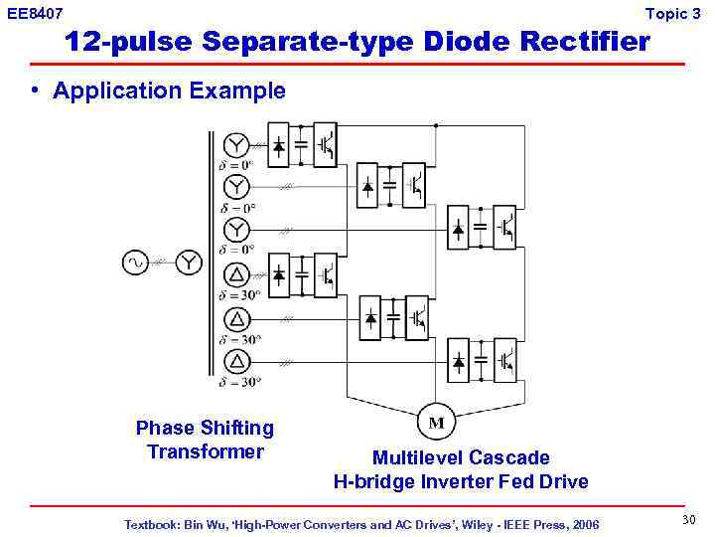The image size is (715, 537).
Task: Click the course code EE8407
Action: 35,13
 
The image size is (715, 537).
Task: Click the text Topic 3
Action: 672,13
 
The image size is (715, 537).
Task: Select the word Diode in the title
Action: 469,42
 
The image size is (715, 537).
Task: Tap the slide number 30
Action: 688,520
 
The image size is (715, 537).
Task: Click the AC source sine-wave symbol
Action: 134,263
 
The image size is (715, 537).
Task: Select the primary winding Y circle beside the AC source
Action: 189,263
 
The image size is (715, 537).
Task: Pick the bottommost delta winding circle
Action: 235,361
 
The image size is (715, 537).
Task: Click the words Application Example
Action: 169,91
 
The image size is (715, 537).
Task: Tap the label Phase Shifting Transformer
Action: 205,440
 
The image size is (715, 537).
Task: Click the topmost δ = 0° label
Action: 236,165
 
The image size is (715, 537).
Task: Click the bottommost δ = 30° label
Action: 239,381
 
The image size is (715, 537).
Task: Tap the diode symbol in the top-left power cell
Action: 280,145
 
